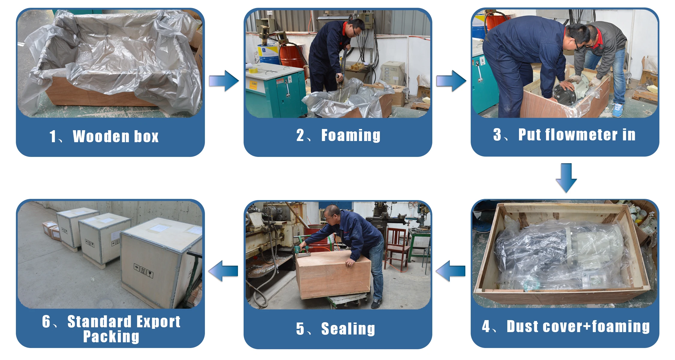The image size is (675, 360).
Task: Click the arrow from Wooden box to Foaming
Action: pos(224,81)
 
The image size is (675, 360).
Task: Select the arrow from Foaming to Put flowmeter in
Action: pos(451,81)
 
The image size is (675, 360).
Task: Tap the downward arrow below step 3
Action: pos(566,178)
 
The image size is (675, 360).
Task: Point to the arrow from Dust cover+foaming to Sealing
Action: pos(450,271)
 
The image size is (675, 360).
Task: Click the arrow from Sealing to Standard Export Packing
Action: pos(223,271)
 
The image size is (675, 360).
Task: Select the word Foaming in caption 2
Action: pos(351,135)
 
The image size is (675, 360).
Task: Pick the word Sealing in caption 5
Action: pos(348,328)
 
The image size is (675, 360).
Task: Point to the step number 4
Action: pos(486,326)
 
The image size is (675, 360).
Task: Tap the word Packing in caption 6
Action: pos(111,337)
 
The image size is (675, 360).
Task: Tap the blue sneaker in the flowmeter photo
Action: pos(617,110)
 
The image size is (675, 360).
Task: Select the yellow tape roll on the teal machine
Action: pos(254,70)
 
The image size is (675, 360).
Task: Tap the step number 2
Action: pos(300,135)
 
